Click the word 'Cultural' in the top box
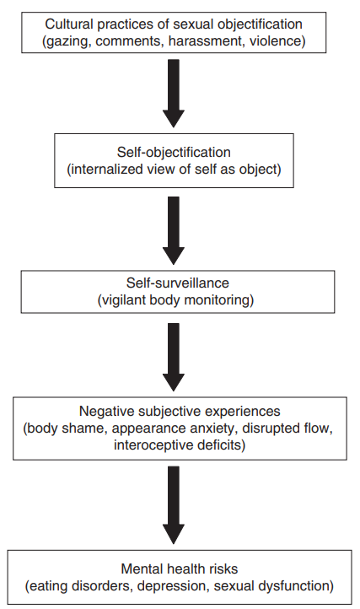pyautogui.click(x=69, y=24)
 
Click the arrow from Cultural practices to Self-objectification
pyautogui.click(x=174, y=94)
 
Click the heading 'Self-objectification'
pyautogui.click(x=174, y=152)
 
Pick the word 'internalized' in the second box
pyautogui.click(x=105, y=170)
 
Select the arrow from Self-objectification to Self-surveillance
pyautogui.click(x=174, y=231)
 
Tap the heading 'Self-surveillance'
pyautogui.click(x=178, y=283)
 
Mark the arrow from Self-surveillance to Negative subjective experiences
pyautogui.click(x=174, y=357)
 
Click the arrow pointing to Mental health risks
pyautogui.click(x=174, y=505)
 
